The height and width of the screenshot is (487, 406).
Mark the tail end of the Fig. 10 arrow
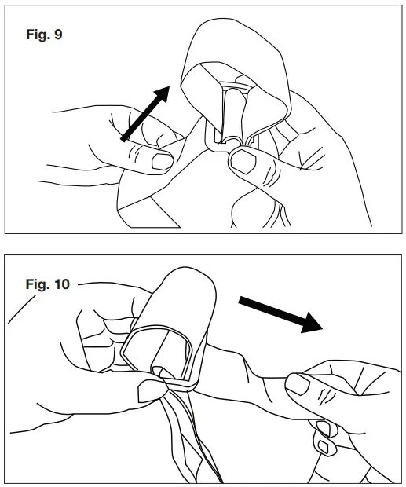click(x=240, y=298)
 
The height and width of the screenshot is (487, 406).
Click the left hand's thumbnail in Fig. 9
click(x=162, y=162)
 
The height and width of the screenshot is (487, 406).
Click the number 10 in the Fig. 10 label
click(x=60, y=284)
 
